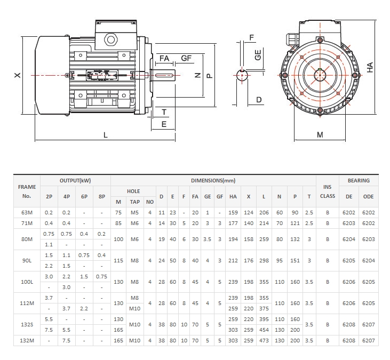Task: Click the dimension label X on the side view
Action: click(x=17, y=76)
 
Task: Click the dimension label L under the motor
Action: click(x=106, y=135)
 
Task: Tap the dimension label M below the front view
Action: click(x=320, y=135)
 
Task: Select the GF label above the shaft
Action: click(x=186, y=58)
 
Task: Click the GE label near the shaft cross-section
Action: click(x=258, y=54)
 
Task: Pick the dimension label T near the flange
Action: click(x=164, y=112)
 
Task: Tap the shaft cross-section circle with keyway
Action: click(x=243, y=75)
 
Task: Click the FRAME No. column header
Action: click(x=27, y=191)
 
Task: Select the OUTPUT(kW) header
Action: click(x=75, y=181)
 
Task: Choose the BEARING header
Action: click(x=359, y=181)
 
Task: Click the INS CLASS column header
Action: click(x=328, y=191)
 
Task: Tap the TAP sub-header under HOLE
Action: click(x=135, y=202)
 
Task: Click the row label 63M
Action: click(x=27, y=213)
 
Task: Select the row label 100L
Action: click(x=27, y=282)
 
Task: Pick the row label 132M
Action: click(x=27, y=340)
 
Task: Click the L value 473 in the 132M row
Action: click(x=264, y=340)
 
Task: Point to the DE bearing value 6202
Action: click(x=349, y=213)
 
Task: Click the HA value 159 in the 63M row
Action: click(x=233, y=213)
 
